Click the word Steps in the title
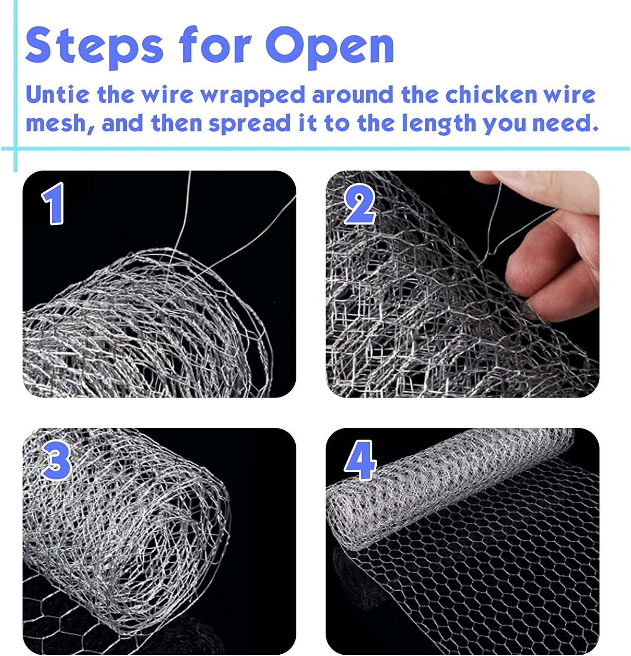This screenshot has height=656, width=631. click(94, 46)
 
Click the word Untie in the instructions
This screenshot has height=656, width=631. click(57, 95)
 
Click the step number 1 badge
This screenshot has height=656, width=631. click(53, 204)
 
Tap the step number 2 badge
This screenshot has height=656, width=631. click(360, 204)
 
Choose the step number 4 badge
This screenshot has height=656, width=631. click(360, 461)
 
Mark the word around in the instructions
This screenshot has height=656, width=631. click(353, 95)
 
